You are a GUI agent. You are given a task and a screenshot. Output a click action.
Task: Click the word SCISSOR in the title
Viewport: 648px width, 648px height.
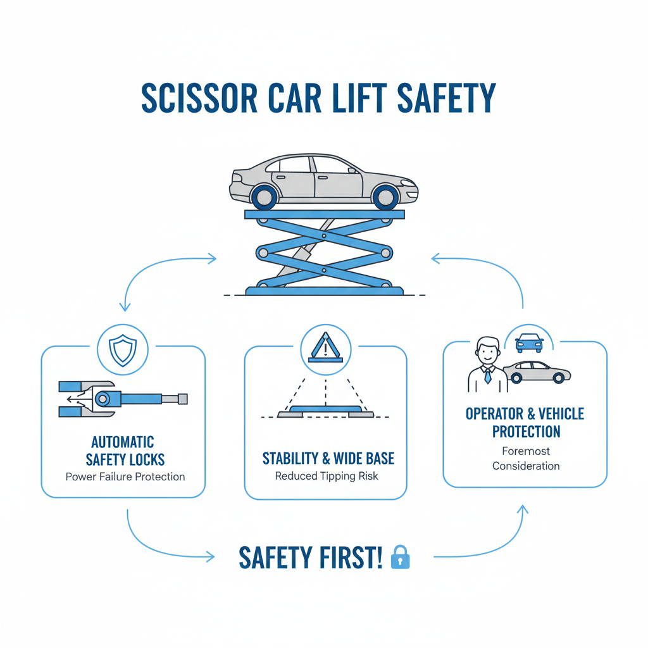(194, 98)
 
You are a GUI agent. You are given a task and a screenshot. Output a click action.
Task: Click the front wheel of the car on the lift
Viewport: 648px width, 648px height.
(385, 197)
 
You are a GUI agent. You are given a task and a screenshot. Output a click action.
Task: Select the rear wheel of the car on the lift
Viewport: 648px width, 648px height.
(264, 197)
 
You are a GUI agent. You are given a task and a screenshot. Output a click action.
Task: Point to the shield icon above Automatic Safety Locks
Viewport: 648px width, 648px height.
(122, 349)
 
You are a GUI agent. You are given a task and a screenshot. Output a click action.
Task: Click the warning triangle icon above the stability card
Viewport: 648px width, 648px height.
(325, 347)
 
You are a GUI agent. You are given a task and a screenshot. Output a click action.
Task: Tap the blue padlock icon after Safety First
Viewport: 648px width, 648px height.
(400, 557)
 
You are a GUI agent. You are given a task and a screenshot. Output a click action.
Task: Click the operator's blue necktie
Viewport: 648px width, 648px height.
(487, 377)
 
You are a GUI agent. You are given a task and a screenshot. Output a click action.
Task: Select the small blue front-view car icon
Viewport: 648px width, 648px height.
(529, 342)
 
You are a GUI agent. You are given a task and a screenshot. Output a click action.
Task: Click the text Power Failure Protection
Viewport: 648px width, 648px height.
(125, 477)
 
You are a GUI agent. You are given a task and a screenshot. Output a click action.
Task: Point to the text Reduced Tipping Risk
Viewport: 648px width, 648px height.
(326, 476)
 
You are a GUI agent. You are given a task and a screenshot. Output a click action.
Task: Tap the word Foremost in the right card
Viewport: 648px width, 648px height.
(526, 451)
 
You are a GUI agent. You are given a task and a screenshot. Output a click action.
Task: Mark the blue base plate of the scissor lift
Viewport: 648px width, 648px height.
(324, 290)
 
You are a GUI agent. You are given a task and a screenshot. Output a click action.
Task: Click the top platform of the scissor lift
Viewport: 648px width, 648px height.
(324, 215)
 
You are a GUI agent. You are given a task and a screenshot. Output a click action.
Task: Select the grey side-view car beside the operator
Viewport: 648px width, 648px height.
(537, 372)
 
